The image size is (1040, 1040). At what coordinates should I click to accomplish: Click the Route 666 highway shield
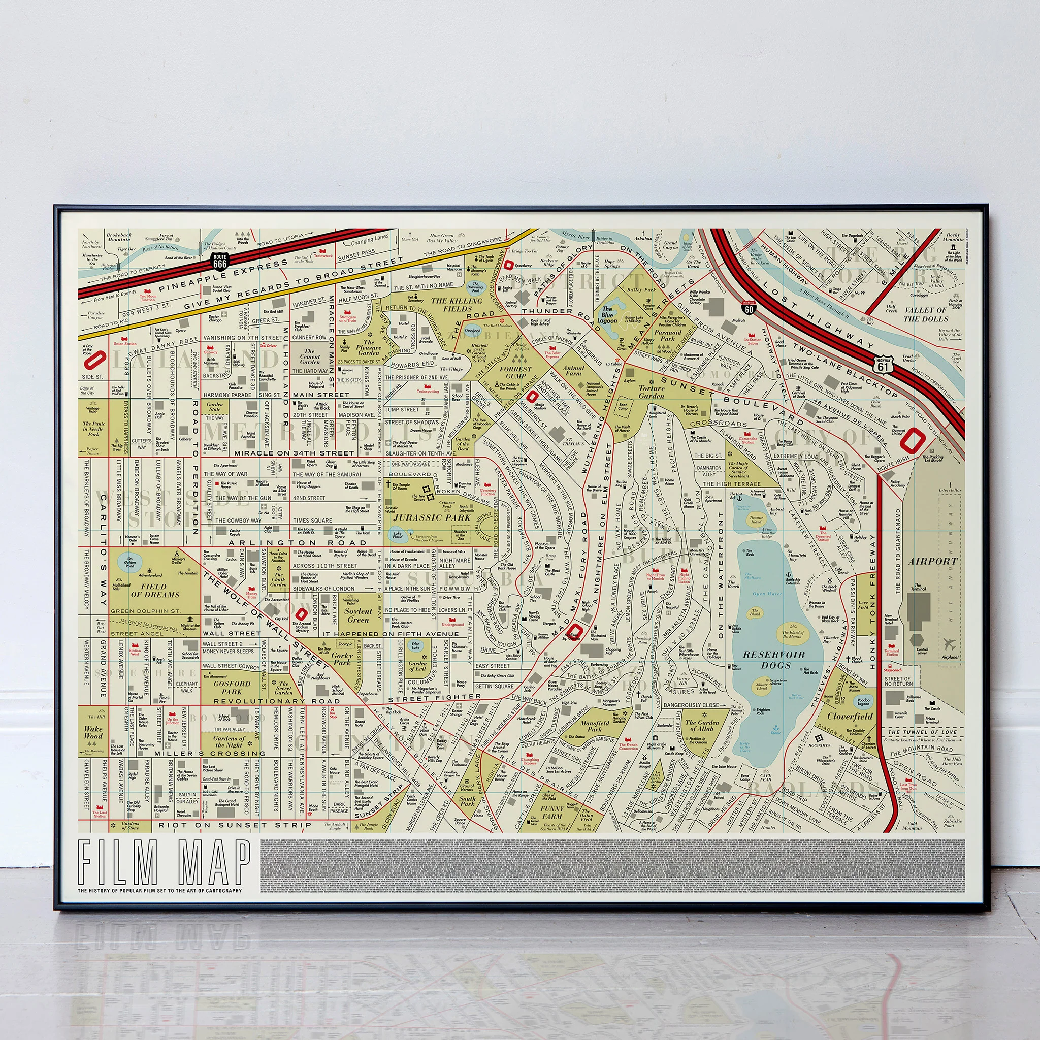(219, 261)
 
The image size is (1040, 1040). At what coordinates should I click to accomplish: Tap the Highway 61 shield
(883, 365)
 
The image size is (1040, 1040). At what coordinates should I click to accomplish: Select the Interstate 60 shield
(749, 307)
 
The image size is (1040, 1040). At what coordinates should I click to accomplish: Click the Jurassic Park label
(432, 518)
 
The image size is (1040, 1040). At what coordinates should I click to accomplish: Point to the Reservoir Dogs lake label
(774, 660)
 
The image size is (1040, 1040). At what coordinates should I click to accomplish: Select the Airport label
(933, 561)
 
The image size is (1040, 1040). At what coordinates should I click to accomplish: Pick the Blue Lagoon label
(607, 315)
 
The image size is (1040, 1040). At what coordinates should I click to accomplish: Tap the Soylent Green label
(358, 615)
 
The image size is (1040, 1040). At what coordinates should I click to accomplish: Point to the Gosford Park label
(232, 688)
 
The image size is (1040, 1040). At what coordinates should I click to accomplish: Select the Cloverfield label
(850, 717)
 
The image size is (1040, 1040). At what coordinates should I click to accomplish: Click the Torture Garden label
(652, 392)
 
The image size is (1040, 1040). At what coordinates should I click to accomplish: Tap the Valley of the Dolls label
(925, 314)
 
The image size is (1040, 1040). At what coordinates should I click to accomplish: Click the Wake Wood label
(93, 732)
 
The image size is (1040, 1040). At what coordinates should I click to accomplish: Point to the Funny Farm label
(552, 812)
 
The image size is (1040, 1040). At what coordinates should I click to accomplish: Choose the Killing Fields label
(457, 305)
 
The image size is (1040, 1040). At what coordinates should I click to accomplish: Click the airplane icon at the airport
(950, 644)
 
